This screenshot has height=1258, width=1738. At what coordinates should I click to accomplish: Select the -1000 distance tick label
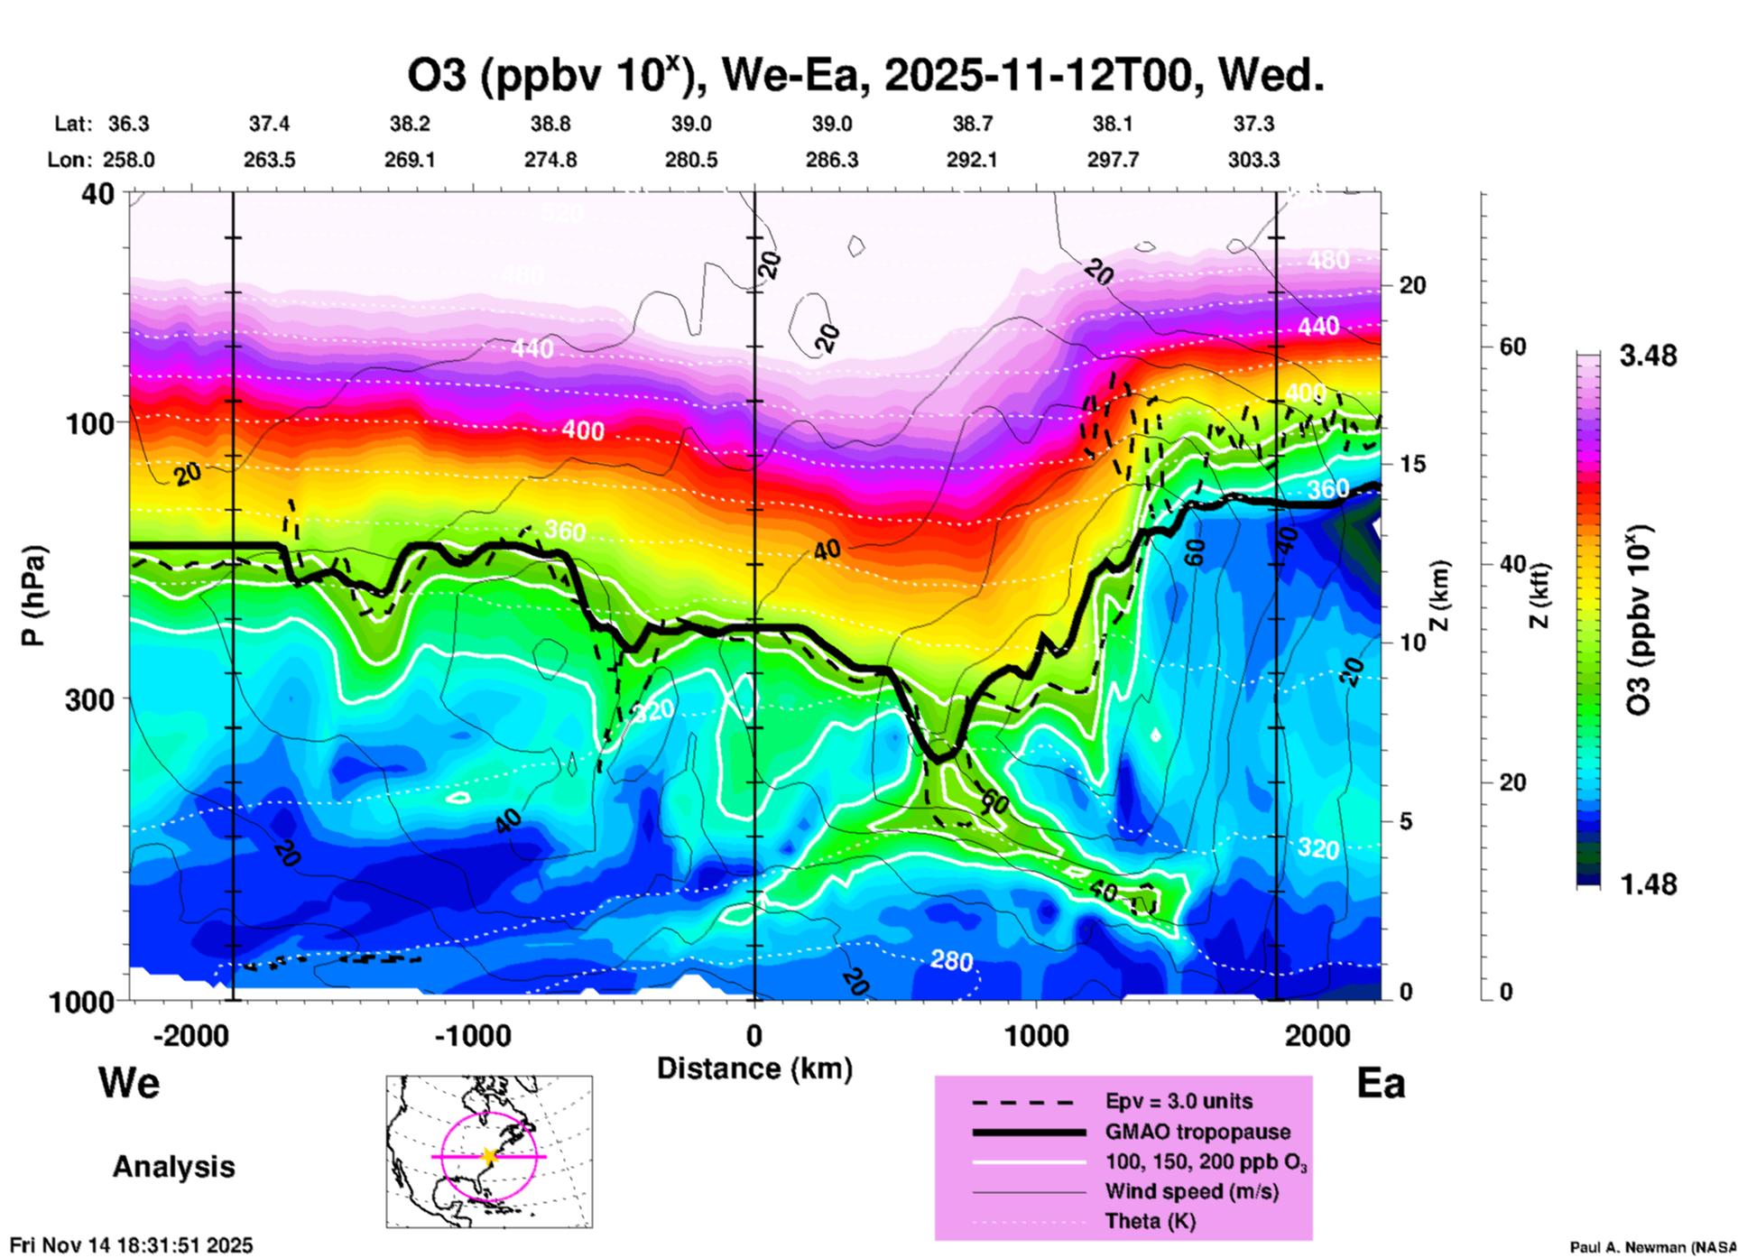click(x=472, y=1035)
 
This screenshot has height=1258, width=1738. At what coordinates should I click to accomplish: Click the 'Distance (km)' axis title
click(x=754, y=1068)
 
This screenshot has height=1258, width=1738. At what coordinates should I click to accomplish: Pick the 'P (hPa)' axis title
click(x=33, y=596)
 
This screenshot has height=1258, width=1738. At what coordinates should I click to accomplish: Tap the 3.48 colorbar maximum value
click(x=1648, y=356)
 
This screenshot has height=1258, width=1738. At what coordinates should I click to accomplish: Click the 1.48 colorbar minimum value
click(x=1648, y=884)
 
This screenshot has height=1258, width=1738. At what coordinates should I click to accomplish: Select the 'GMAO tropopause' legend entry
click(x=1197, y=1132)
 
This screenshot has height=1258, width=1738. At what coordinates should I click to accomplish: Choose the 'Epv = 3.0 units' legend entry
click(x=1179, y=1102)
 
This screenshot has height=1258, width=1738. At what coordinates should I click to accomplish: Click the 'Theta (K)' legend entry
click(x=1150, y=1221)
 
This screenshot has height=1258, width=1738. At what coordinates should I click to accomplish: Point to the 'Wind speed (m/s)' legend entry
click(x=1191, y=1191)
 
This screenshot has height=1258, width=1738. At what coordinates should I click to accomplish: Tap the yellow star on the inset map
click(x=489, y=1156)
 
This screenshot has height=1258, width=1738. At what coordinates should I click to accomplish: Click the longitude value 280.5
click(x=691, y=161)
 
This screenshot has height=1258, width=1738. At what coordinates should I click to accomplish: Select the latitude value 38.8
click(x=550, y=124)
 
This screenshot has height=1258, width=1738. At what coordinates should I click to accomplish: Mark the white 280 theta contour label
click(x=951, y=961)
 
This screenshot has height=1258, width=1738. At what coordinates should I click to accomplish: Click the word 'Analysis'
click(x=173, y=1167)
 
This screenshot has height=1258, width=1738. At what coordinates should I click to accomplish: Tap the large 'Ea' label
click(x=1381, y=1084)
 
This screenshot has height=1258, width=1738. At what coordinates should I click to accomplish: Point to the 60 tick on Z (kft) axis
click(x=1512, y=347)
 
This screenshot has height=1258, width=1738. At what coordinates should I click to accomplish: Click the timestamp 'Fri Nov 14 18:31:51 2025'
click(x=132, y=1245)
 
